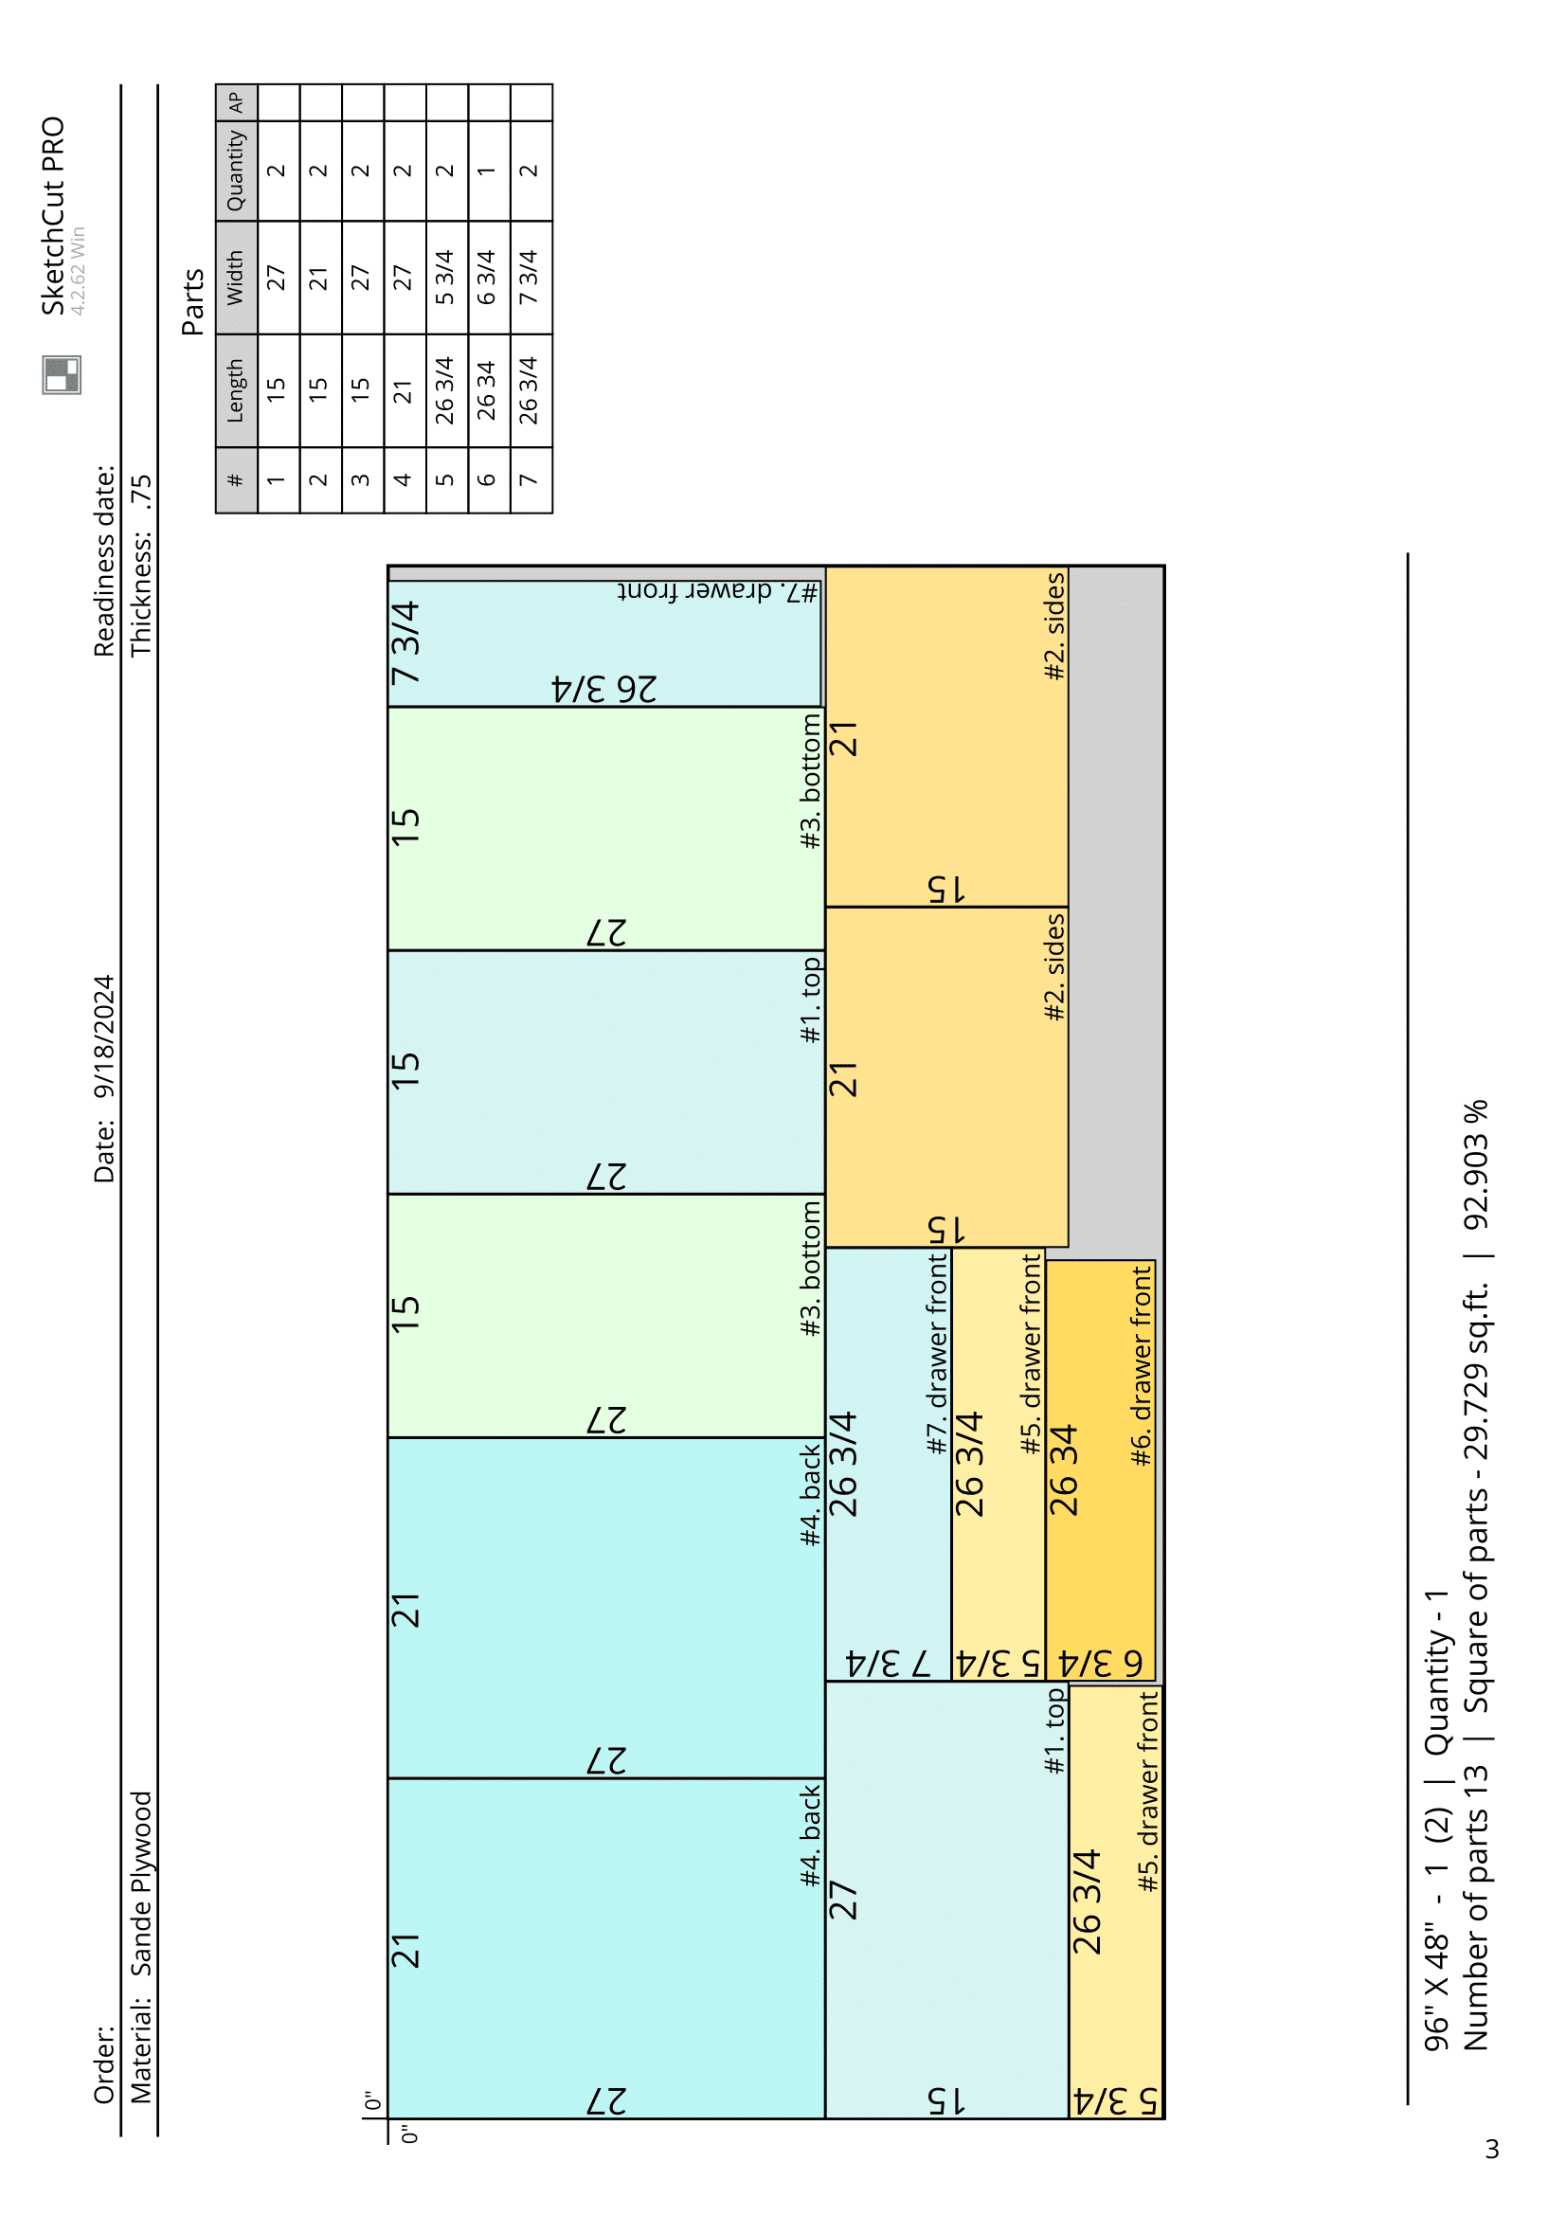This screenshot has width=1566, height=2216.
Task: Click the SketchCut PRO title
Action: (x=53, y=216)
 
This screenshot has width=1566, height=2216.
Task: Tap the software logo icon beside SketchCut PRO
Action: (x=62, y=374)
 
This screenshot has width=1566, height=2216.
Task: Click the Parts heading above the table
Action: (x=193, y=301)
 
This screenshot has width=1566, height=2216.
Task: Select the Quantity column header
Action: (x=237, y=171)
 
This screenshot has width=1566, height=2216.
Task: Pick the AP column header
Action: (x=237, y=102)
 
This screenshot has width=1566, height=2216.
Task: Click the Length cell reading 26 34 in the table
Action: (x=487, y=390)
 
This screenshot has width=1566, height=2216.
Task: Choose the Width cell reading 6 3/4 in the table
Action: (x=487, y=277)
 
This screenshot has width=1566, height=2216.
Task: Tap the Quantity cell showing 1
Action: (x=487, y=171)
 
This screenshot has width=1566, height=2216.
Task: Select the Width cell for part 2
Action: (x=319, y=278)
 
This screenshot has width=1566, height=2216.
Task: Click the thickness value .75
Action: (x=142, y=493)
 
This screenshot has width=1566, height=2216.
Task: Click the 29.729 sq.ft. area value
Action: (x=1477, y=1390)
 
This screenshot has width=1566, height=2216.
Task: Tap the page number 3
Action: (x=1493, y=2149)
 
